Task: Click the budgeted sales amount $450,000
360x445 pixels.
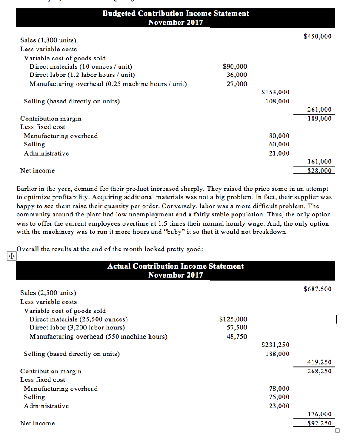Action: (317, 36)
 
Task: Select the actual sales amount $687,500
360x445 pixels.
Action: (317, 289)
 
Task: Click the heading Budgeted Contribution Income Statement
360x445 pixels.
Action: (176, 13)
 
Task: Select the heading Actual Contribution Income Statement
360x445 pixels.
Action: (176, 266)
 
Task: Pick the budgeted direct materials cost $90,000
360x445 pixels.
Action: (235, 66)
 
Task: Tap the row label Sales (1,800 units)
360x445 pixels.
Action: (48, 40)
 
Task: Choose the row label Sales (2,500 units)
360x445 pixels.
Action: (48, 293)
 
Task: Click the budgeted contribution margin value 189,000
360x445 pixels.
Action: (319, 119)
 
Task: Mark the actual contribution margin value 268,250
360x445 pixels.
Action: (319, 371)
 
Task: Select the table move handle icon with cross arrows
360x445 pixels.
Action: (10, 256)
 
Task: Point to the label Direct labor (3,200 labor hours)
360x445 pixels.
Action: (77, 328)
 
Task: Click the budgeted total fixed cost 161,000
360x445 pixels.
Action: (319, 162)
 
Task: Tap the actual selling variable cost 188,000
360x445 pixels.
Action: (277, 354)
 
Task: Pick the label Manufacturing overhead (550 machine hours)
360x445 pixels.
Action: (98, 336)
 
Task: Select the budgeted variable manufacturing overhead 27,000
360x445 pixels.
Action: (237, 84)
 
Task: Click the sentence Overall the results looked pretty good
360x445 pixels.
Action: (110, 249)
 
